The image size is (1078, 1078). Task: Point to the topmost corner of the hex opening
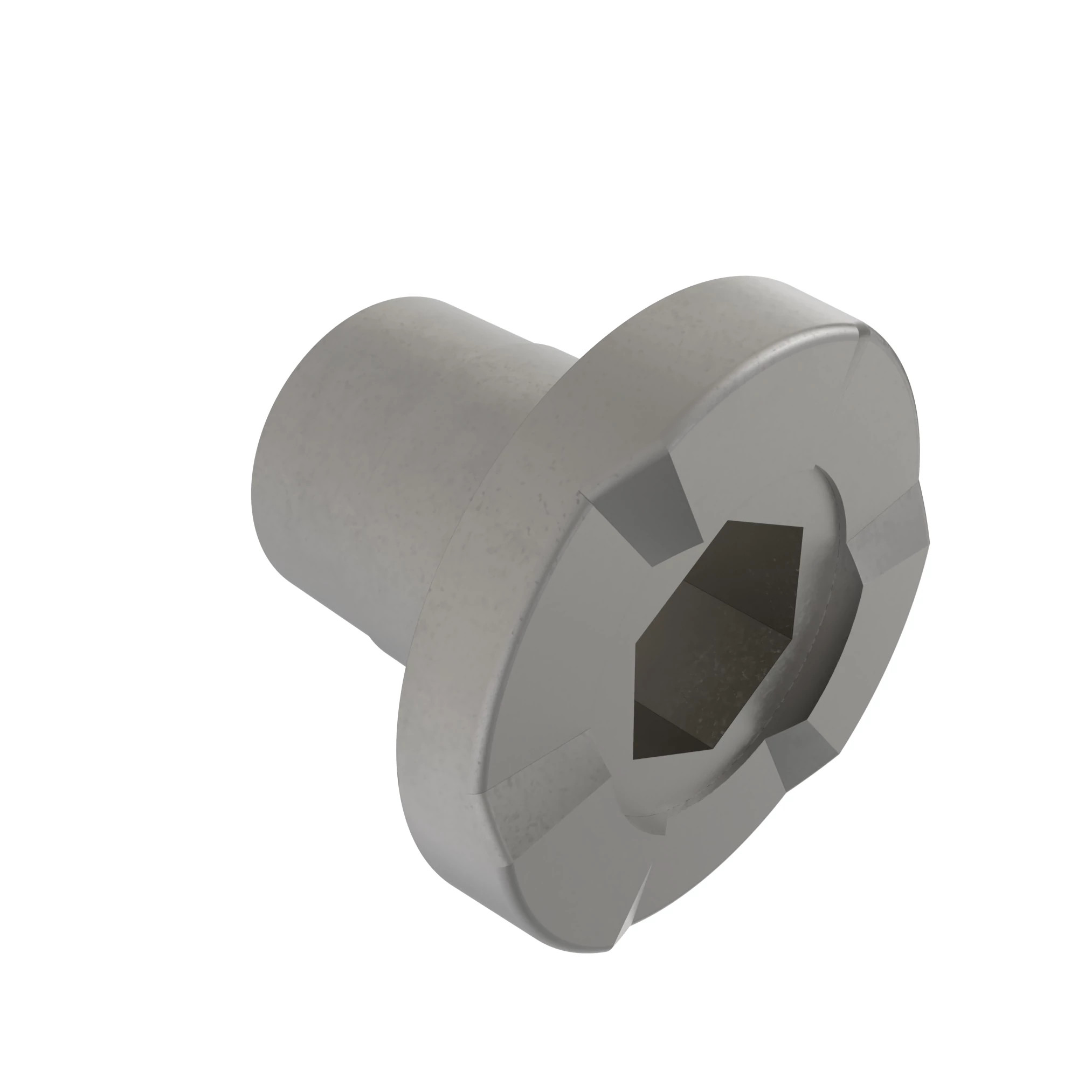point(728,522)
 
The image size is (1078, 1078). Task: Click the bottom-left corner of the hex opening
point(633,759)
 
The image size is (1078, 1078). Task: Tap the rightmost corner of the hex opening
point(862,586)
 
